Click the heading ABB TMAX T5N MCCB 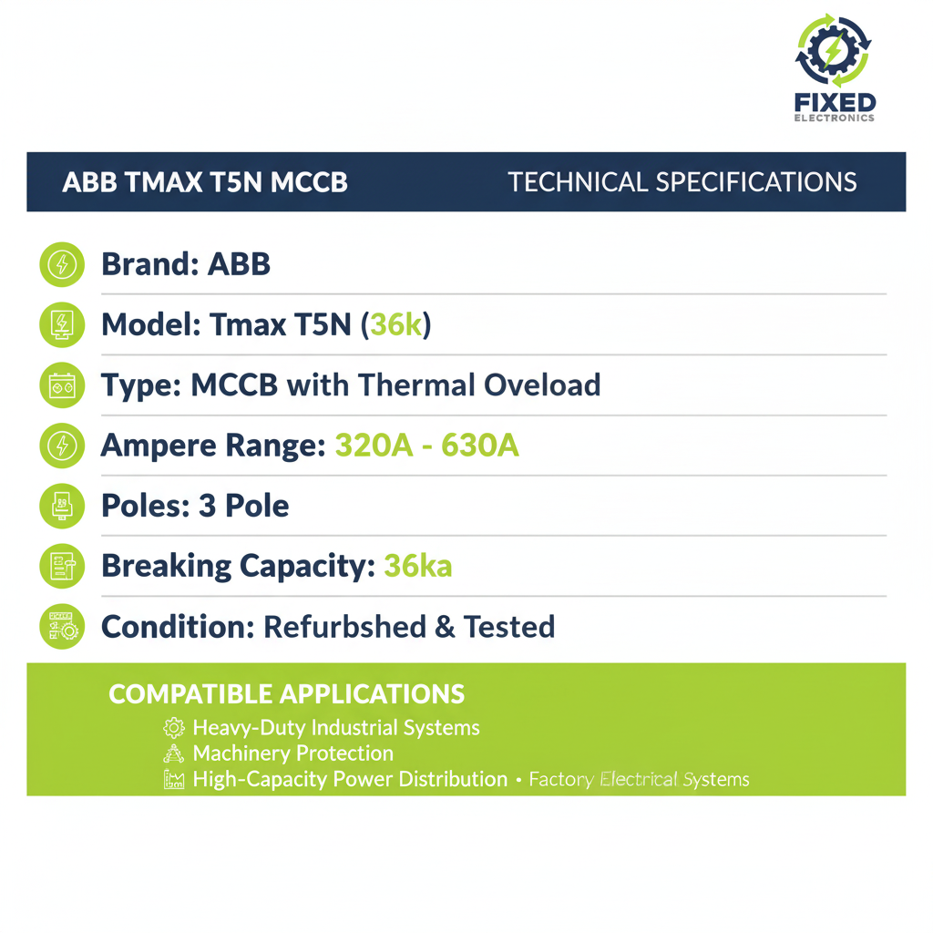coord(205,182)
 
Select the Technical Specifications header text coord(682,182)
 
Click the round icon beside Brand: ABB coord(62,264)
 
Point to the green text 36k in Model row coord(395,324)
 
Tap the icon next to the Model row coord(62,324)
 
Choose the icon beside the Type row coord(62,385)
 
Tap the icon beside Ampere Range coord(62,446)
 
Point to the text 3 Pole coord(243,506)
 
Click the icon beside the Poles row coord(62,506)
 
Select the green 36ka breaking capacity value coord(417,566)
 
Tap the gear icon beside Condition coord(62,627)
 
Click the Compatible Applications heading coord(286,694)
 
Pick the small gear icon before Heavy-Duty coord(173,728)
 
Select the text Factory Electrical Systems coord(639,780)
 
